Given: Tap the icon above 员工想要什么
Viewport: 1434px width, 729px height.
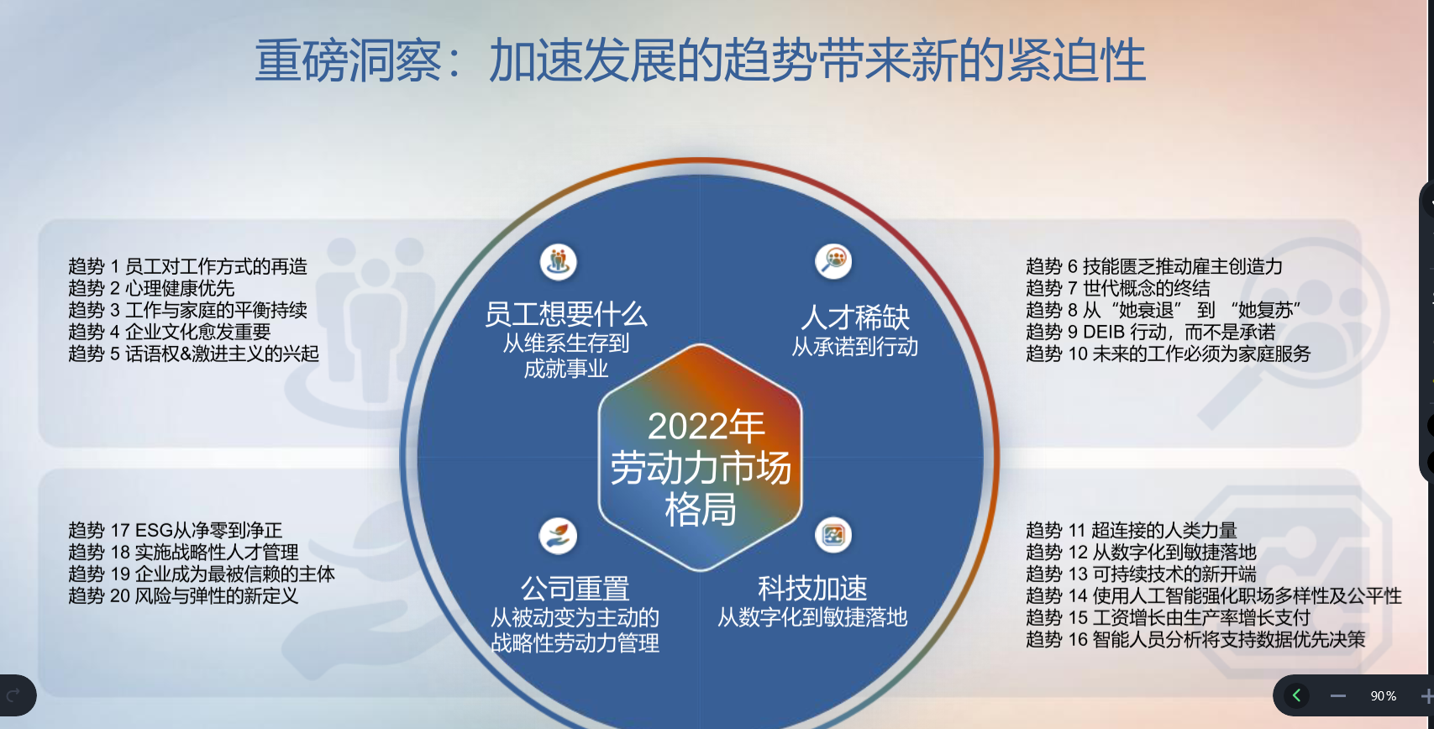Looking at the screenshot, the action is (x=559, y=262).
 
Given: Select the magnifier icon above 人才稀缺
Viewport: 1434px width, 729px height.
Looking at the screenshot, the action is (x=833, y=261).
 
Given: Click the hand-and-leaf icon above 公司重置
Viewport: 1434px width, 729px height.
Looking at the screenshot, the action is (x=558, y=536).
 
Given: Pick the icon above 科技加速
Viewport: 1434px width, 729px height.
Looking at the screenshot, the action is (x=833, y=535).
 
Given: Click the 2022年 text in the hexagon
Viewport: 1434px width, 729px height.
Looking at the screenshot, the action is (x=706, y=427).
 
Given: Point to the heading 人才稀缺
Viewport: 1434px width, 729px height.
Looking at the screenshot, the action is (x=855, y=317).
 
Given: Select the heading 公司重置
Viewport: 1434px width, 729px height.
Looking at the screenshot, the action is (x=575, y=588).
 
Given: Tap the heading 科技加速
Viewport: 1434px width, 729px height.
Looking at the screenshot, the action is (x=812, y=588).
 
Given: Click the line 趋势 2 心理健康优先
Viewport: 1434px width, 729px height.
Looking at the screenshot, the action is (x=151, y=288).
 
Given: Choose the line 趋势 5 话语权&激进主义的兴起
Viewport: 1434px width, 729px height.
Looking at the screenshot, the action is (x=193, y=354).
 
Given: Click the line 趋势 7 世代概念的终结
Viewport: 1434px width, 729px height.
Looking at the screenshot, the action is (x=1118, y=288).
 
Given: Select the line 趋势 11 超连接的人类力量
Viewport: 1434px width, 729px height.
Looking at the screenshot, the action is (x=1132, y=530).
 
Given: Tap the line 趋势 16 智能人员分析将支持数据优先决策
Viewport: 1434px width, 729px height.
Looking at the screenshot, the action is (x=1195, y=639).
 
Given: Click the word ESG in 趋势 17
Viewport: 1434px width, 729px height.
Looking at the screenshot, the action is (x=155, y=530).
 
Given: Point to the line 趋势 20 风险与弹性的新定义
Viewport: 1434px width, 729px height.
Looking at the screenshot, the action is (x=183, y=595).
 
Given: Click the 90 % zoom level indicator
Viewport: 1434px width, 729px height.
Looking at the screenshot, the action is (x=1383, y=695).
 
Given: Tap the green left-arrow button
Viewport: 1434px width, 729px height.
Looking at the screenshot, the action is (x=1296, y=695).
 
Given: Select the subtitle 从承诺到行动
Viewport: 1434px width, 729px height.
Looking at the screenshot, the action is (x=854, y=347).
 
